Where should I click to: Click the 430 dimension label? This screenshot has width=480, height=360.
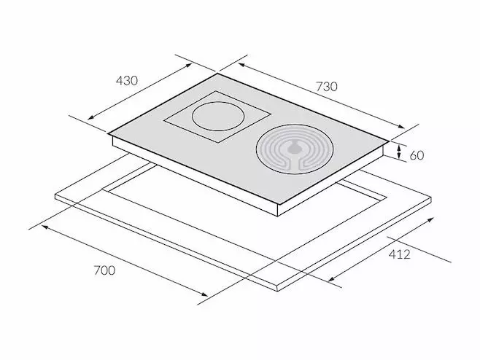[127, 80]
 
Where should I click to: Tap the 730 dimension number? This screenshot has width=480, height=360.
[327, 87]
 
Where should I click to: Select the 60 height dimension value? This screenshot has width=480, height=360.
[417, 155]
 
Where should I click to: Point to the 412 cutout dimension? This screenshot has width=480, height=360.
[400, 254]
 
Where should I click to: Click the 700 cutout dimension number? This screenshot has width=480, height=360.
[104, 270]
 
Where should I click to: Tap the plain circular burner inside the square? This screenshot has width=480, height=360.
[218, 117]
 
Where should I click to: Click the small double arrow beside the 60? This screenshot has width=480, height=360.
[399, 152]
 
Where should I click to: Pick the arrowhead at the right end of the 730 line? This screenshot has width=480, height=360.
[401, 126]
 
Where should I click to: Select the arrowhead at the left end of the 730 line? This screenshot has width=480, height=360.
[241, 65]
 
